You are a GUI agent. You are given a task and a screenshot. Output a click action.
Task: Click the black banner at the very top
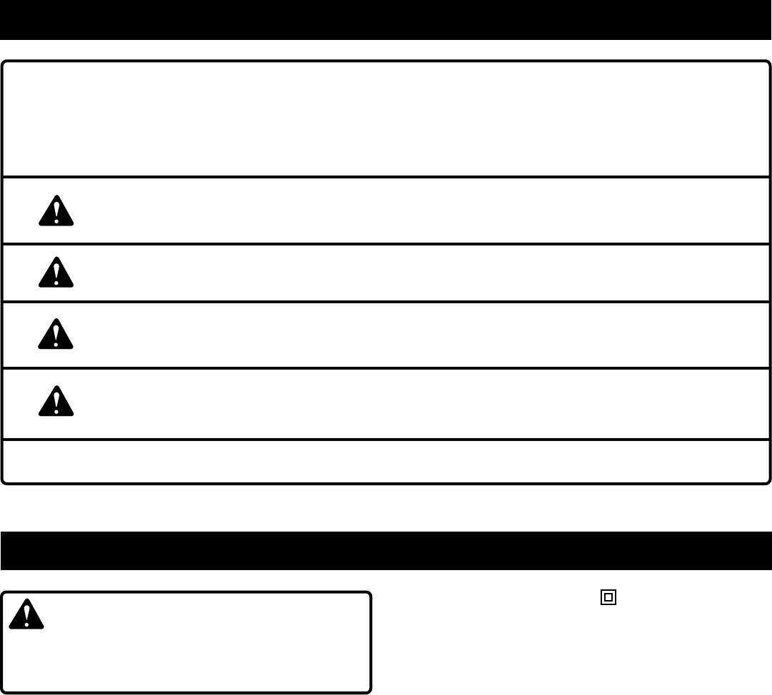click(386, 19)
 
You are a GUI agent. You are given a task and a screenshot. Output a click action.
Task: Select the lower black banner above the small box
click(386, 550)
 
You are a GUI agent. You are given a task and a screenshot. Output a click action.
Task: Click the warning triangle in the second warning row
click(56, 272)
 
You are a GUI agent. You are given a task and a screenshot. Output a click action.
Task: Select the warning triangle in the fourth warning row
click(56, 402)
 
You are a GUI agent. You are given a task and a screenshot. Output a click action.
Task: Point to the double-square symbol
click(608, 597)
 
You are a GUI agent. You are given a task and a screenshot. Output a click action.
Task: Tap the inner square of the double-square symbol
click(608, 597)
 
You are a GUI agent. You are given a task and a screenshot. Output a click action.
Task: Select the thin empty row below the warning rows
click(386, 460)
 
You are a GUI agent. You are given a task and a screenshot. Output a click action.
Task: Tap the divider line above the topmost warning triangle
click(386, 176)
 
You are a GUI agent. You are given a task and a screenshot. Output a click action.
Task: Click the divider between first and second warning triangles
click(386, 244)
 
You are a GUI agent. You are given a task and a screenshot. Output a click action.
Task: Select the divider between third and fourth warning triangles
click(386, 368)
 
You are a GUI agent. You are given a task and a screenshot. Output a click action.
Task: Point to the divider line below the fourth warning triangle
click(386, 439)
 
